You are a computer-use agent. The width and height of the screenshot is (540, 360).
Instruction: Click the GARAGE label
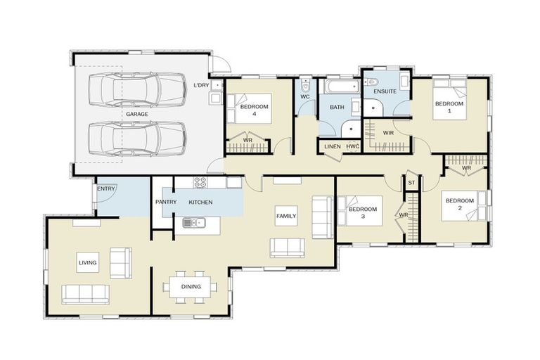pos(136,114)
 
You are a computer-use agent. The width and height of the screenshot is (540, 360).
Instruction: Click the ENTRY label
pos(106,188)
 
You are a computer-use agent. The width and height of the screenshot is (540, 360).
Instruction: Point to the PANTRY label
pos(165,202)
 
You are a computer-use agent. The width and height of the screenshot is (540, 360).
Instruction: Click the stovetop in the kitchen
pos(200,183)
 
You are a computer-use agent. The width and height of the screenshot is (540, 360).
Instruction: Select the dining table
pos(191,286)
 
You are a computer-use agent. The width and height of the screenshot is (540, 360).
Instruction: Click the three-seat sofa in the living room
pos(85,294)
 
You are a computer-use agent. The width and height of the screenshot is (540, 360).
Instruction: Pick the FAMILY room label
pos(285,216)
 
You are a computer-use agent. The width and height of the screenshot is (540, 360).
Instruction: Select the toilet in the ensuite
pos(373,82)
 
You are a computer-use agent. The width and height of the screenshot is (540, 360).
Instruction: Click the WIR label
pos(388,132)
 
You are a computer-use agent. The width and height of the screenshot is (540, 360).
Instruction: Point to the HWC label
pos(352,146)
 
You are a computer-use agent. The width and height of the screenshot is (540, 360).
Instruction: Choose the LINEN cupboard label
pos(333,146)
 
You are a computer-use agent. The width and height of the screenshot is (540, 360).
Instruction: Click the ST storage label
pos(412,183)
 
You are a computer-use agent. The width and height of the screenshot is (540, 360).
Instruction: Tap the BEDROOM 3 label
pos(364,213)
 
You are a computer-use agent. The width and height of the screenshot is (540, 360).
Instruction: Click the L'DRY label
pos(201,85)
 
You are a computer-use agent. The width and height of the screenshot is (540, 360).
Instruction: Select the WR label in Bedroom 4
pos(247,140)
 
